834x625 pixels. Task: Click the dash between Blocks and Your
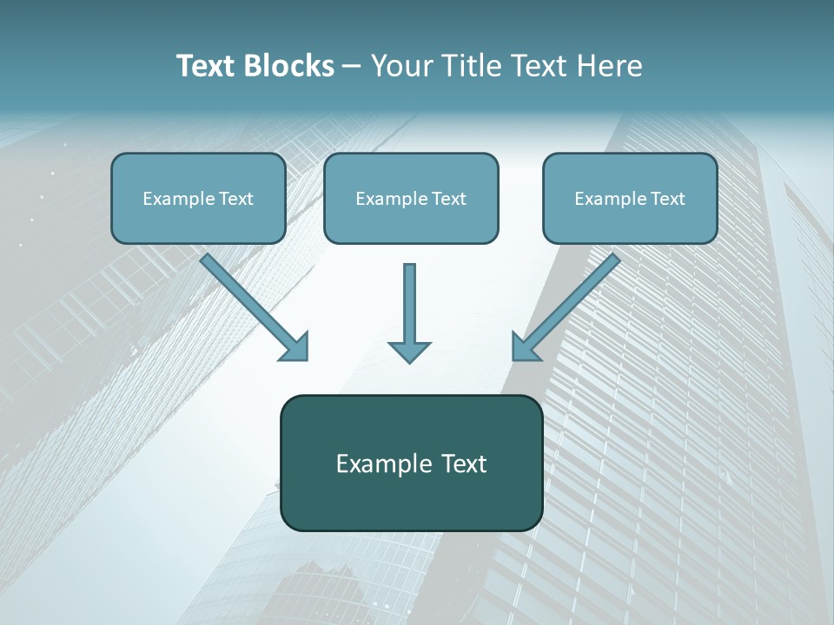coord(352,67)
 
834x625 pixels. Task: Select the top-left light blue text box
coord(198,198)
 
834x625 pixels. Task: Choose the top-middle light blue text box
coord(411,198)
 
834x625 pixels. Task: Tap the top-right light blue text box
coord(630,198)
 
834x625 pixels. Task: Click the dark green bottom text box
coord(411,463)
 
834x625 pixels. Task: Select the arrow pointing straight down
coord(409,312)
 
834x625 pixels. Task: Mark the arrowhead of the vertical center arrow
coord(409,351)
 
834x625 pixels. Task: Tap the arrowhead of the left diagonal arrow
coord(295,346)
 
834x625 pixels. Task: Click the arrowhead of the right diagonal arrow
coord(525,346)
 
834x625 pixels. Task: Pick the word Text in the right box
coord(668,199)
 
